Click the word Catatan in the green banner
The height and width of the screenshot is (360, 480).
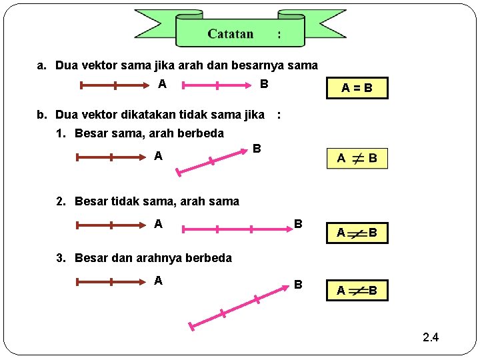click(230, 33)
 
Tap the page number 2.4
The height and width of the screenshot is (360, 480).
click(431, 337)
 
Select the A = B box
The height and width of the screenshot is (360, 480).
click(357, 88)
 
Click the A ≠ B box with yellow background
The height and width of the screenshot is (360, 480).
click(357, 158)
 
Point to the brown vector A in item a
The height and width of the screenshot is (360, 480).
click(115, 85)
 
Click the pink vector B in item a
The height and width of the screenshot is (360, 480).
click(217, 85)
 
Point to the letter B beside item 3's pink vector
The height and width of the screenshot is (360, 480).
click(298, 285)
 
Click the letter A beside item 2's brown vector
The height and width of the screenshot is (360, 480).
click(158, 224)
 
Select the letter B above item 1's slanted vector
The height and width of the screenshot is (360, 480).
click(256, 147)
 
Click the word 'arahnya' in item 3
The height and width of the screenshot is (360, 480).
click(160, 258)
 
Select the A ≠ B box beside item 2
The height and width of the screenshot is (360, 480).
click(357, 233)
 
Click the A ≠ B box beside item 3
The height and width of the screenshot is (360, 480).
click(357, 291)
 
